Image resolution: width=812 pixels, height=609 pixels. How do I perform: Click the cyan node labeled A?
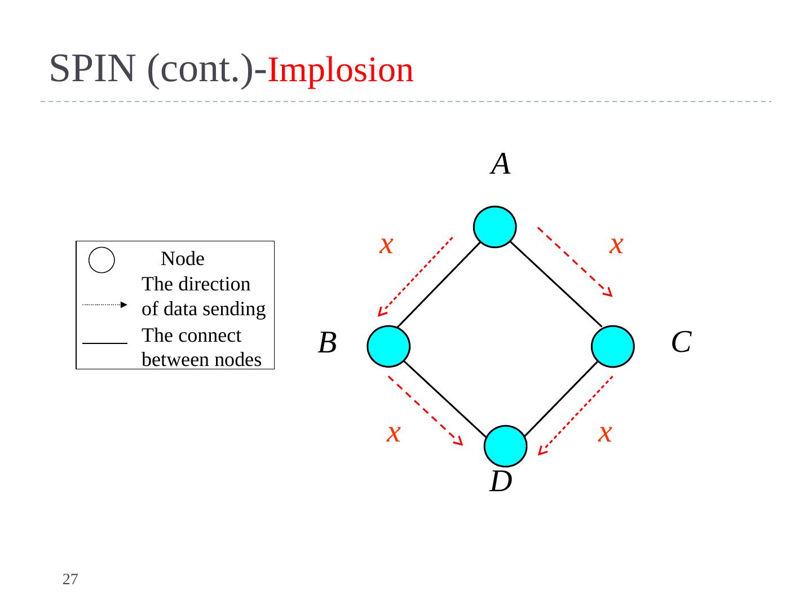pyautogui.click(x=495, y=227)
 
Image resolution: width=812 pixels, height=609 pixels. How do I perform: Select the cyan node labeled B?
pyautogui.click(x=388, y=346)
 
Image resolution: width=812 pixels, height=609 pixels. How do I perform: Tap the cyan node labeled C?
pyautogui.click(x=613, y=346)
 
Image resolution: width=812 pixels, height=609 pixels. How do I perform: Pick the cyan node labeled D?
pyautogui.click(x=506, y=446)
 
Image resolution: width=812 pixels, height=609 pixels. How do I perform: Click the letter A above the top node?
pyautogui.click(x=501, y=164)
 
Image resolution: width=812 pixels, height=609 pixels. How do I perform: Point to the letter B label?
pyautogui.click(x=327, y=343)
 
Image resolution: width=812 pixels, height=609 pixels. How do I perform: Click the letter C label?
pyautogui.click(x=681, y=342)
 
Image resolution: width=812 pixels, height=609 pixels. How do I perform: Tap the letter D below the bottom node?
pyautogui.click(x=501, y=482)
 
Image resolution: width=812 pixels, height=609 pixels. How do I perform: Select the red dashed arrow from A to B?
pyautogui.click(x=415, y=276)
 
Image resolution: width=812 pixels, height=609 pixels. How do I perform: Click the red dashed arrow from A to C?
pyautogui.click(x=575, y=262)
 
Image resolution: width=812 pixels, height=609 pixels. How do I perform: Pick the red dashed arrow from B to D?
pyautogui.click(x=425, y=411)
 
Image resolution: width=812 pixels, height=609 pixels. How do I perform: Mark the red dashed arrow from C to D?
pyautogui.click(x=575, y=415)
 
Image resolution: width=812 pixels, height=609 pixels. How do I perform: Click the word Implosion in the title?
pyautogui.click(x=340, y=70)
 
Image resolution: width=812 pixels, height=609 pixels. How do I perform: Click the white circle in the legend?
pyautogui.click(x=102, y=260)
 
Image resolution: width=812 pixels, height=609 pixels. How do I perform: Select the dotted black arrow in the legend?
pyautogui.click(x=105, y=304)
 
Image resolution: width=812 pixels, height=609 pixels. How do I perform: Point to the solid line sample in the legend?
pyautogui.click(x=105, y=342)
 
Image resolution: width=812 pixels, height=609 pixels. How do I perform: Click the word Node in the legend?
pyautogui.click(x=183, y=259)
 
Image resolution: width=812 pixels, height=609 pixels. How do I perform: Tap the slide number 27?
pyautogui.click(x=70, y=579)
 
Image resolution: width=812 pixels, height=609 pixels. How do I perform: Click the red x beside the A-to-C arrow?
pyautogui.click(x=616, y=245)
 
